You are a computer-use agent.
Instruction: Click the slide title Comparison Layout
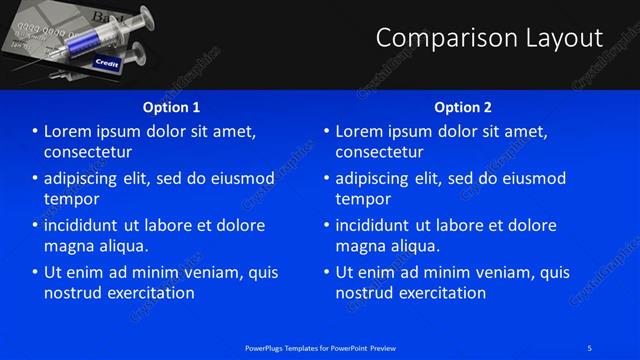(489, 38)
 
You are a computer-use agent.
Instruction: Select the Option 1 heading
(171, 107)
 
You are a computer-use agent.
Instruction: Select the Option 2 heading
(463, 107)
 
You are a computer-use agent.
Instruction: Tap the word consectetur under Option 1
(88, 152)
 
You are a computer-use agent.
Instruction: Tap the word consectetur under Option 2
(379, 152)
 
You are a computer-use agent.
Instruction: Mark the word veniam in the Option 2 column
(492, 272)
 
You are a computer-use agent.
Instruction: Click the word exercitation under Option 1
(149, 293)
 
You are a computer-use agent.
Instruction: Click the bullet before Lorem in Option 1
(34, 131)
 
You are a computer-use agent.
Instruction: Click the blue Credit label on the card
(106, 63)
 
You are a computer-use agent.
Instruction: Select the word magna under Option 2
(359, 246)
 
